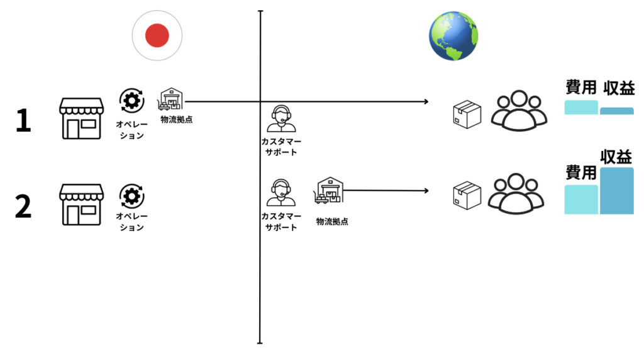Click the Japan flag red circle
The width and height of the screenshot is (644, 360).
(157, 36)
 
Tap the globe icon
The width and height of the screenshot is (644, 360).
(452, 36)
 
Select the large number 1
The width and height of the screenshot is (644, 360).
(23, 121)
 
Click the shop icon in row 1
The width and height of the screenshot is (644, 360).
(81, 118)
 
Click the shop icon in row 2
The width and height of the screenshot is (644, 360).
(81, 204)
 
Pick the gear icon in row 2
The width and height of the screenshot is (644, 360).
(131, 197)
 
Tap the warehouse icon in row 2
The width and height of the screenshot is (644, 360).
(328, 190)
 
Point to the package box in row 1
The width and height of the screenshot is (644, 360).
(467, 115)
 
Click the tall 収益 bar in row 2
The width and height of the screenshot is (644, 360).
(616, 190)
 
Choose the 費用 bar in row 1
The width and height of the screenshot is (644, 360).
(581, 107)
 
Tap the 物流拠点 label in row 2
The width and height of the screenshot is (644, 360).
(332, 222)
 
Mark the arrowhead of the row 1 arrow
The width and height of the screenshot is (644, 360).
(426, 101)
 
